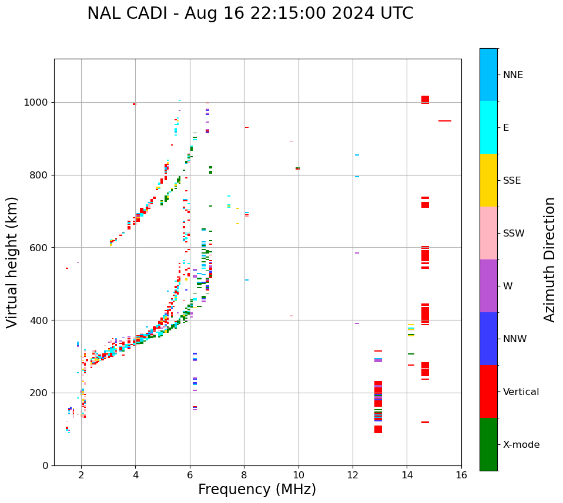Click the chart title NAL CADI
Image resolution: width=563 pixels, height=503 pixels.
(250, 13)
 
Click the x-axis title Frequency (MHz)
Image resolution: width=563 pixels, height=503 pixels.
(257, 490)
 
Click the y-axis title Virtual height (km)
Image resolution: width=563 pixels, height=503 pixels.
(12, 262)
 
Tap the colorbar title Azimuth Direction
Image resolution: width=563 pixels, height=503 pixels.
(549, 259)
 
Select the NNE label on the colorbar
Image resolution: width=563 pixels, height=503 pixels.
(512, 75)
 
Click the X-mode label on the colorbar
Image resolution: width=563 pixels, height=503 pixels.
(521, 445)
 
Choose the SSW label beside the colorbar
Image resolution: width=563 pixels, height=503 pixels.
(513, 234)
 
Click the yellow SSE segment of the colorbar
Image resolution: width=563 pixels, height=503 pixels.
(488, 180)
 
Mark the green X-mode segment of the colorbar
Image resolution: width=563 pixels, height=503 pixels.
(488, 444)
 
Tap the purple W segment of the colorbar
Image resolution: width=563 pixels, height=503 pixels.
(488, 286)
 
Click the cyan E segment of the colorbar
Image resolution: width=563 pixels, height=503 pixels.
(488, 127)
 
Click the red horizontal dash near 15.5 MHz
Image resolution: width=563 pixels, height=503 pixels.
(445, 121)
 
